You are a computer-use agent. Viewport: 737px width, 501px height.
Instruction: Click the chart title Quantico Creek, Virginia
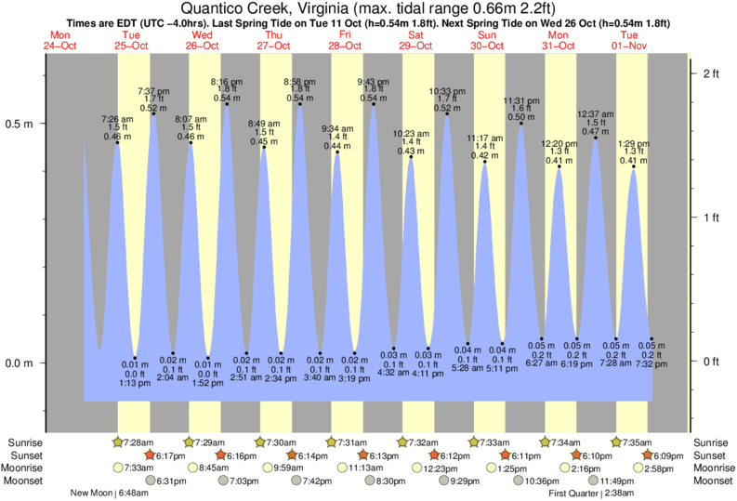click(367, 7)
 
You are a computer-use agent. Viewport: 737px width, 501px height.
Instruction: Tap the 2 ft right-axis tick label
click(712, 73)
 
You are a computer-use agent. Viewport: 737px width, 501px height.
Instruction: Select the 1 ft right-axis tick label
click(712, 218)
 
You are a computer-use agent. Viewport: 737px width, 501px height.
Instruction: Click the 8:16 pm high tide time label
click(228, 81)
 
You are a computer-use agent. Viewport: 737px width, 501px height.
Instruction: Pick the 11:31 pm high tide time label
click(520, 100)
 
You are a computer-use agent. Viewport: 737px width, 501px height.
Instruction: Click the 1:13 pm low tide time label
click(136, 383)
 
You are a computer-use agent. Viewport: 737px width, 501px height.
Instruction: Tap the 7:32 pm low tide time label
click(652, 365)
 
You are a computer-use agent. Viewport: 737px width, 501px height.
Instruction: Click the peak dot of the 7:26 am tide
click(117, 142)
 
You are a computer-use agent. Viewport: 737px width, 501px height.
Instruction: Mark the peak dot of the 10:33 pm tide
click(447, 113)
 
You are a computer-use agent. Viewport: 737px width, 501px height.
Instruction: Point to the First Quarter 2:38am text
click(592, 494)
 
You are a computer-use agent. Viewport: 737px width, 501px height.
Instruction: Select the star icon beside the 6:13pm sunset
click(363, 455)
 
